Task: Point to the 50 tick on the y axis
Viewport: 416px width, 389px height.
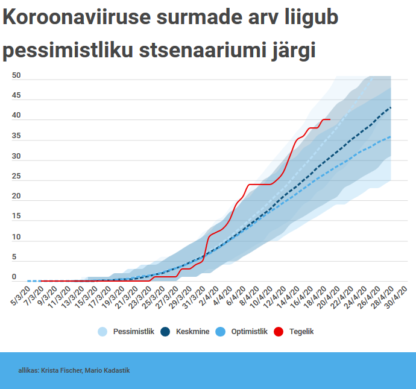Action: tap(16, 75)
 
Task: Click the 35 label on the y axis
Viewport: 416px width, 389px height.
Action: tap(16, 136)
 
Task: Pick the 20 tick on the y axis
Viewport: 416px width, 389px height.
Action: tap(16, 197)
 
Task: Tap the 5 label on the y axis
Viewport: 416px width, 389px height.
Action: tap(14, 258)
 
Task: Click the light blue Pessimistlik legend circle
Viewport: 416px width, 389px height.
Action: tap(102, 332)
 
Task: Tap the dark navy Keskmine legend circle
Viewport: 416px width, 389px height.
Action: tap(166, 332)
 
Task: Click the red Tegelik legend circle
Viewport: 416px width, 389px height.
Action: tap(279, 332)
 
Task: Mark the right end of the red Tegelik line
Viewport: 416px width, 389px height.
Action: tap(330, 119)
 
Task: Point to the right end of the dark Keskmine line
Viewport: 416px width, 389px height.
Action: tap(391, 107)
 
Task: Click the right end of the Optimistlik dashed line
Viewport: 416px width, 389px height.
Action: tap(391, 136)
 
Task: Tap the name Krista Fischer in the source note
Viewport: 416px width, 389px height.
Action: tap(61, 370)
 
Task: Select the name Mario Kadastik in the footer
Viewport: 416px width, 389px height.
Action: tap(107, 370)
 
